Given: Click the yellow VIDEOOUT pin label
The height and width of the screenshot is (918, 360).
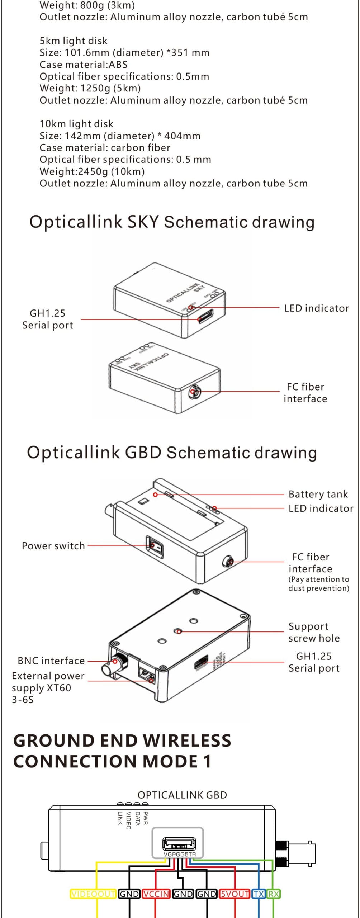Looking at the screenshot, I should (x=93, y=894).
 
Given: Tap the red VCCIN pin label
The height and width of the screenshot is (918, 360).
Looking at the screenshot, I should (x=156, y=894).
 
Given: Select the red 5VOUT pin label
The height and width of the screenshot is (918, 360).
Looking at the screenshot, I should (x=235, y=894).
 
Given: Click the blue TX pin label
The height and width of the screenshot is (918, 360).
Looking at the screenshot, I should (x=259, y=894).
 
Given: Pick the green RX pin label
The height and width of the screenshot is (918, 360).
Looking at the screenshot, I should (x=274, y=894).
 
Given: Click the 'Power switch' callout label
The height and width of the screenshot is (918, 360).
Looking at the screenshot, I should (x=53, y=546).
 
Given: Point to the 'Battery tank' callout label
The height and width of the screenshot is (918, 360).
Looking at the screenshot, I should (x=318, y=494).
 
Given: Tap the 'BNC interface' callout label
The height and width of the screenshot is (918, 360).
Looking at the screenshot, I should (x=51, y=661).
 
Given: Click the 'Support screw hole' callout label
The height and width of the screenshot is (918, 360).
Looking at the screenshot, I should (x=314, y=632).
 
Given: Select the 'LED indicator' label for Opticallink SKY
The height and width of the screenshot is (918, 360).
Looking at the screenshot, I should (x=316, y=308).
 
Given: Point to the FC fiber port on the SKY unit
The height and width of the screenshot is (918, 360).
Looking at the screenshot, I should (x=195, y=392).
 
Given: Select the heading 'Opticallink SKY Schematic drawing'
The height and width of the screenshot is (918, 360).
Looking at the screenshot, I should (x=172, y=222).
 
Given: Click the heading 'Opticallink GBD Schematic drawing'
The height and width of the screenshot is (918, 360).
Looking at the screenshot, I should (x=172, y=453).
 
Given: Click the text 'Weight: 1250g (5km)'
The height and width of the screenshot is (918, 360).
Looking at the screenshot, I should (x=90, y=88).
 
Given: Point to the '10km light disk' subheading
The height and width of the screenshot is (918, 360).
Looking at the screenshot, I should (x=76, y=124).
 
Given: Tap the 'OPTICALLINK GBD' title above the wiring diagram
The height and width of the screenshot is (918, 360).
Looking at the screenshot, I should (x=182, y=795).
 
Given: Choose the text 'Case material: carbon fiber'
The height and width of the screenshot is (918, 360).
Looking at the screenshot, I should (x=105, y=147).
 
